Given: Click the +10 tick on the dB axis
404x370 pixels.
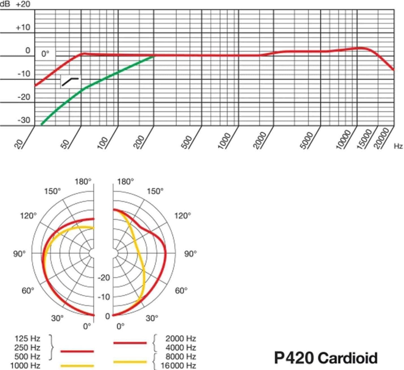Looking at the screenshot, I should point(23,27).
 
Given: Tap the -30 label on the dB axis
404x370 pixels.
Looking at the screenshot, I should point(24,120).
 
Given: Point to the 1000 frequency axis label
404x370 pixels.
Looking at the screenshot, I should point(224,141).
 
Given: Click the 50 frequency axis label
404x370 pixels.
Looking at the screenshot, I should point(65,144).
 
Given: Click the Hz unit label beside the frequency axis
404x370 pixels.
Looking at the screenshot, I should point(398,146).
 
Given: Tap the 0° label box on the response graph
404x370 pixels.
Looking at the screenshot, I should point(45,54).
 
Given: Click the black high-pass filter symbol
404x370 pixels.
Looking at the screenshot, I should point(70,81).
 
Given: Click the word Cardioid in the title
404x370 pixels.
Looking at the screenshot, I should point(348,358).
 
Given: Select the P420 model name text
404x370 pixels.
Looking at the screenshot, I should point(294,358).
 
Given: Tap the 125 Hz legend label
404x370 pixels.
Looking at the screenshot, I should point(27,338).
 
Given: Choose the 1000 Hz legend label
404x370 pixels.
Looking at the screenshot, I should point(25,366).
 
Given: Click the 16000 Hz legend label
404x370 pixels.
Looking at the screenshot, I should point(178,366).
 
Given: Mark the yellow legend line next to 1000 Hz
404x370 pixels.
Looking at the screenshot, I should point(77,366).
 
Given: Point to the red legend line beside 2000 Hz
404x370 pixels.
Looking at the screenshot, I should point(130,343).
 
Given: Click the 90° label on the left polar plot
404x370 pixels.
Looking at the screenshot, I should point(19,254).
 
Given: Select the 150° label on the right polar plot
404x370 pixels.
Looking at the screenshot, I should point(155,191).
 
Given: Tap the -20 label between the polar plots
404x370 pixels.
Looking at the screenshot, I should point(104,277).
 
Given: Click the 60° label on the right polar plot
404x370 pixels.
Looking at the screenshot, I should point(181,291).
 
